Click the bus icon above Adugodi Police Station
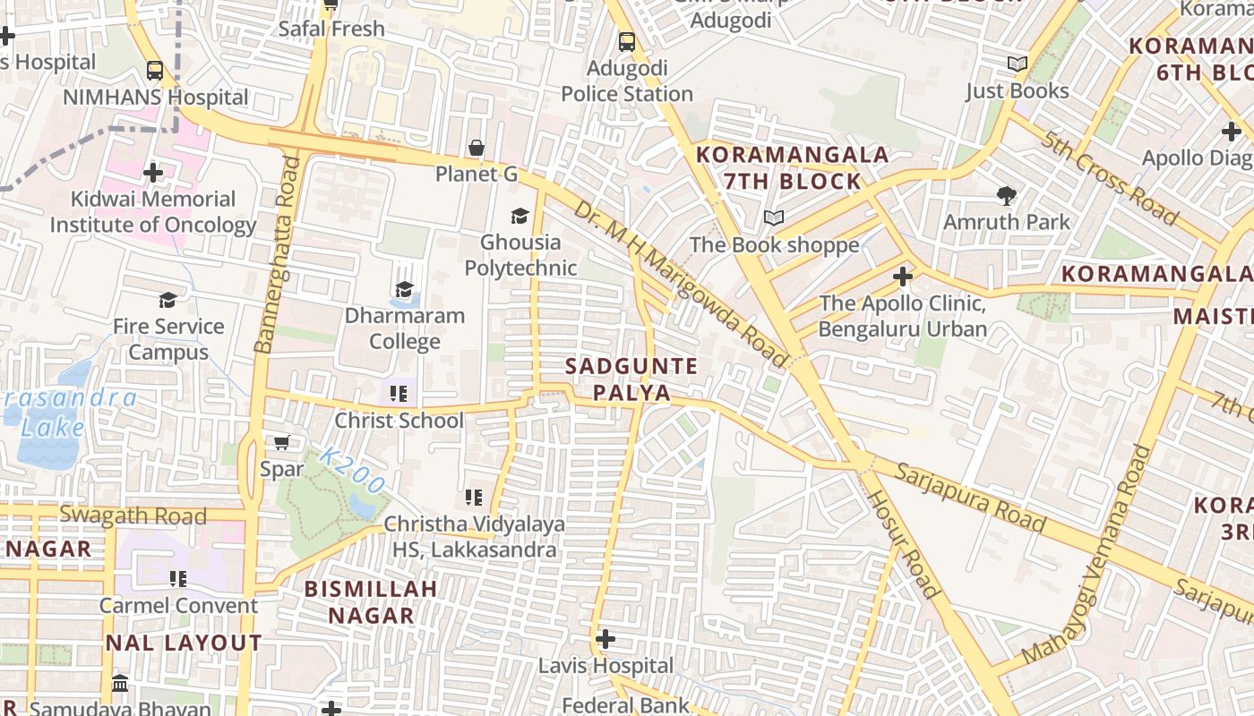coord(627,41)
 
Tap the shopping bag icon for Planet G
coord(477,148)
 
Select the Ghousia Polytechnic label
coord(520,255)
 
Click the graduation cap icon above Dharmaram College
coord(405,289)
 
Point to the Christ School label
coord(399,420)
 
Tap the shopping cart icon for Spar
coord(281,442)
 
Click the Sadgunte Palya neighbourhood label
coord(631,379)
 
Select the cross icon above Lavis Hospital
coord(606,639)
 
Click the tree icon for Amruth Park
coord(1007,195)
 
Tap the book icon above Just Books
coord(1017,64)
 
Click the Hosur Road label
coord(903,543)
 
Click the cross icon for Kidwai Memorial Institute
coord(153,172)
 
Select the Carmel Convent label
coord(178,605)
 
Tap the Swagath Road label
coord(133,516)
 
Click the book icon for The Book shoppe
coord(774,217)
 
